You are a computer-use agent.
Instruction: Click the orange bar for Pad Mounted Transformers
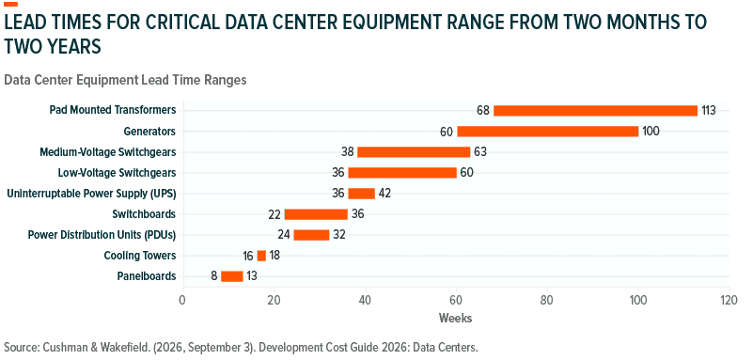595,110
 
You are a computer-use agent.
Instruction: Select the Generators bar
547,131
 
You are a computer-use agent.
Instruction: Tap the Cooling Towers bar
261,256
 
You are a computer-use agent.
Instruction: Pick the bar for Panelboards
231,276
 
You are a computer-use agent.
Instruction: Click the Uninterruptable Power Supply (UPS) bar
361,194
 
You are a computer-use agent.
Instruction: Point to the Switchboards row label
144,214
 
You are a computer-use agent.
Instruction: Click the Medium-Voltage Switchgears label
108,152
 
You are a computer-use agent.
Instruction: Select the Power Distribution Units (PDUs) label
102,235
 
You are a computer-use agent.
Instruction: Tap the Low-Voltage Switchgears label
118,173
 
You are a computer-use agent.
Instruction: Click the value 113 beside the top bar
708,110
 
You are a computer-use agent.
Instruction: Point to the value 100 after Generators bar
651,131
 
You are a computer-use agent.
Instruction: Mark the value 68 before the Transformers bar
483,110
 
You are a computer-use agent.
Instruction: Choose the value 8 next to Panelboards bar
213,276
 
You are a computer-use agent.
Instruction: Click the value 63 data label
480,152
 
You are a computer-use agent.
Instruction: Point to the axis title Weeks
455,318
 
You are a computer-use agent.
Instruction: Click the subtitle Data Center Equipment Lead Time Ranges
125,80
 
